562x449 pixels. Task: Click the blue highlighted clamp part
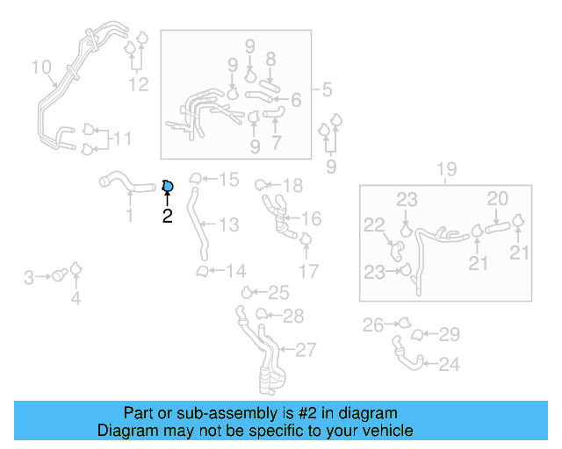(x=168, y=185)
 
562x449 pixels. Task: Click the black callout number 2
(x=167, y=216)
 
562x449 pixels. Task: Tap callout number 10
(x=41, y=68)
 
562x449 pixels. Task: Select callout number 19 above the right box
(x=446, y=169)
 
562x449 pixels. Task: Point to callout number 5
(x=326, y=89)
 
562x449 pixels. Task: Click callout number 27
(x=305, y=351)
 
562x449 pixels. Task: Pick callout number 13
(x=228, y=225)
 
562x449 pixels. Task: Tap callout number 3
(x=28, y=278)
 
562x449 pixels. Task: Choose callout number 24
(x=449, y=364)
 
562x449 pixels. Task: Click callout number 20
(x=498, y=199)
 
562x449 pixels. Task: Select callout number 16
(x=311, y=218)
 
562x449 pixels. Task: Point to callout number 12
(x=139, y=84)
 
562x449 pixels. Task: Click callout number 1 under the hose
(x=130, y=216)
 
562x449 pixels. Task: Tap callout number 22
(x=375, y=226)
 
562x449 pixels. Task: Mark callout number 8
(x=270, y=59)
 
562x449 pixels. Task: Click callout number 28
(x=293, y=316)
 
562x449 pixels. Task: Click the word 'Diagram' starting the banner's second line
(x=122, y=431)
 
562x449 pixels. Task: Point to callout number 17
(x=308, y=271)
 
